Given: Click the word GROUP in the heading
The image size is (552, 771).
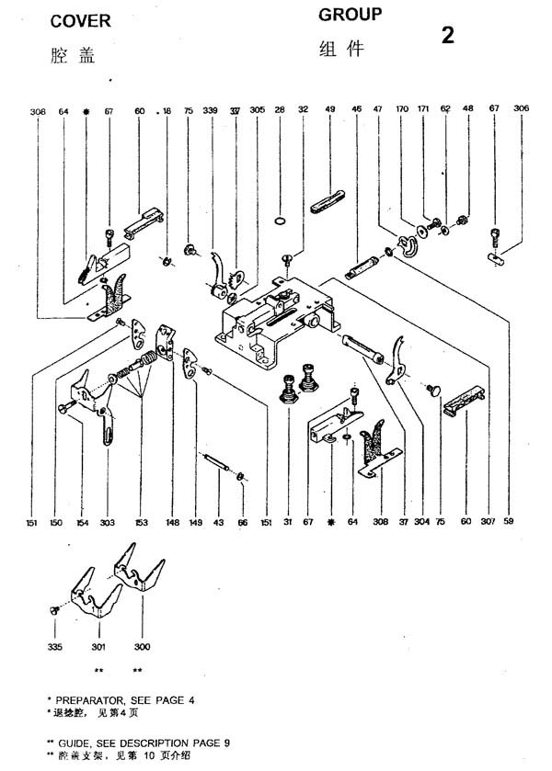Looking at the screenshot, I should click(350, 15).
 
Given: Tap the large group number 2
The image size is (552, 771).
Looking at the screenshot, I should click(448, 37).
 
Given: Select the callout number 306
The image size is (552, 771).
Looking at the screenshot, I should click(522, 109).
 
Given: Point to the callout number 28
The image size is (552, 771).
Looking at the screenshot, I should click(280, 110).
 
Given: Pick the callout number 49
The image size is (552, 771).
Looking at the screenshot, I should click(329, 110).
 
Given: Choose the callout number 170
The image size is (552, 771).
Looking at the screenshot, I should click(402, 110).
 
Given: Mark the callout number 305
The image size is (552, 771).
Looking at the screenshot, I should click(257, 110).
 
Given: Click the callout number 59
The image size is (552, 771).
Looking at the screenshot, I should click(508, 522).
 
